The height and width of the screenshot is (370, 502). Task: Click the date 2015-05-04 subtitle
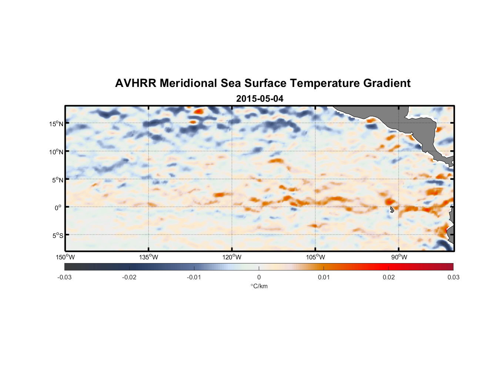coord(260,99)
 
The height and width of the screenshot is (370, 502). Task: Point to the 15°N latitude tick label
coord(56,124)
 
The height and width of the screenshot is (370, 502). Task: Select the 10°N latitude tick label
coord(56,152)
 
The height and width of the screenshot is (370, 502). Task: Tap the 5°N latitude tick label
coord(57,180)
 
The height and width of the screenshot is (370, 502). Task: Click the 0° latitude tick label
coord(58,208)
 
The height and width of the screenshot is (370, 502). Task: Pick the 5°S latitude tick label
coord(57,235)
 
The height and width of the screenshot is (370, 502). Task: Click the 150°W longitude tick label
coord(66,257)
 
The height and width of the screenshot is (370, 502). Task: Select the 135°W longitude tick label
coord(149,257)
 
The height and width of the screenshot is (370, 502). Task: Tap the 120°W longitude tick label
coord(232,257)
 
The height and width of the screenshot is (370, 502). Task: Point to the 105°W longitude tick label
coord(315,257)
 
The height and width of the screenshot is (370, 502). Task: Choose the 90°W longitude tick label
coord(399,257)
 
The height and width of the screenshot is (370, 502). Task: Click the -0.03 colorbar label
coord(64,277)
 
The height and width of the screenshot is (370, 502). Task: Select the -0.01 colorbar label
coord(194,277)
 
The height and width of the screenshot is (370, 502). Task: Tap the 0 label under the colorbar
coord(259,277)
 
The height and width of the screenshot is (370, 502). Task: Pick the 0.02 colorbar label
coord(389,277)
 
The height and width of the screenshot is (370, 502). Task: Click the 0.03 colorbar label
coord(453,277)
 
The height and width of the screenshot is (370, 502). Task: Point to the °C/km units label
coord(259,286)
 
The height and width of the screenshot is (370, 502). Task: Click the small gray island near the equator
coord(392,209)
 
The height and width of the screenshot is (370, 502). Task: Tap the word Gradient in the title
coord(387,83)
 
